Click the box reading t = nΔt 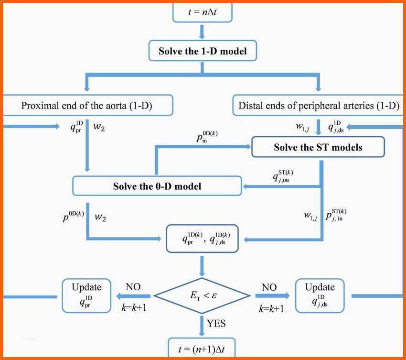(202, 12)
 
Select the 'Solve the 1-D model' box (203, 51)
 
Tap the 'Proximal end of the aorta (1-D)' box (87, 105)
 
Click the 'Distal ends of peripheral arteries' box (318, 105)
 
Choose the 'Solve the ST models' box (318, 147)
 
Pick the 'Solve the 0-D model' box (157, 186)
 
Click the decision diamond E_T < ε (202, 295)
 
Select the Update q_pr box (86, 295)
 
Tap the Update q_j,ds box (320, 295)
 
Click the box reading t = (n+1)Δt (202, 348)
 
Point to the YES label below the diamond (216, 324)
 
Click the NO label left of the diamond (133, 287)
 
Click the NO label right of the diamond (269, 287)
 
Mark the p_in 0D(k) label (207, 137)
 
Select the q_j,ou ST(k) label (283, 176)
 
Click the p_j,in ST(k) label (336, 215)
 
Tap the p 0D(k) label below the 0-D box (73, 217)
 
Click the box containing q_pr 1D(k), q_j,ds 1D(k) (202, 239)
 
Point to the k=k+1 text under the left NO (134, 307)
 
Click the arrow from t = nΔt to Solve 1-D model (202, 32)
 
